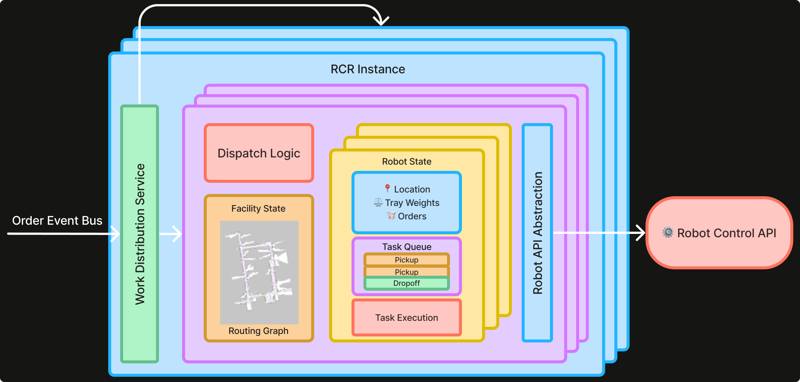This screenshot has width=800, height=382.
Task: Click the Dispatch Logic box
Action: tap(259, 153)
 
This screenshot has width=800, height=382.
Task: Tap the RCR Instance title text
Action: tap(368, 69)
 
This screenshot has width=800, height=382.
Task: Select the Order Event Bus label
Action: tap(57, 220)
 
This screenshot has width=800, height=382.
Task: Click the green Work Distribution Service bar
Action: tap(140, 234)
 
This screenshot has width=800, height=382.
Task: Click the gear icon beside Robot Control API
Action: tap(668, 232)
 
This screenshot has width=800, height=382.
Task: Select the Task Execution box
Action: tap(406, 317)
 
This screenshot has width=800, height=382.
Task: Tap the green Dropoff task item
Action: tap(406, 284)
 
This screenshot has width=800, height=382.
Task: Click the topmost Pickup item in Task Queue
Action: tap(406, 260)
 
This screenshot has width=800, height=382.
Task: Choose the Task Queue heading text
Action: tap(406, 247)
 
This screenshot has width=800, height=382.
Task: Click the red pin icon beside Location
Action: tap(387, 188)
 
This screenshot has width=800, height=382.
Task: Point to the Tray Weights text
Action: tap(412, 203)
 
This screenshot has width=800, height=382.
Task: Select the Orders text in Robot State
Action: tap(412, 216)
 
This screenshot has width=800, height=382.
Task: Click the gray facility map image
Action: tap(259, 272)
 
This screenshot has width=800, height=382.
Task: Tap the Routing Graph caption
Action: tap(258, 331)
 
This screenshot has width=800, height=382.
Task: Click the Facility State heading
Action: tap(258, 209)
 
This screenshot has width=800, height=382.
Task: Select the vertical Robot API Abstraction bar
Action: tap(537, 233)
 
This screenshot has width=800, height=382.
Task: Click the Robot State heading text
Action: tap(406, 162)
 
